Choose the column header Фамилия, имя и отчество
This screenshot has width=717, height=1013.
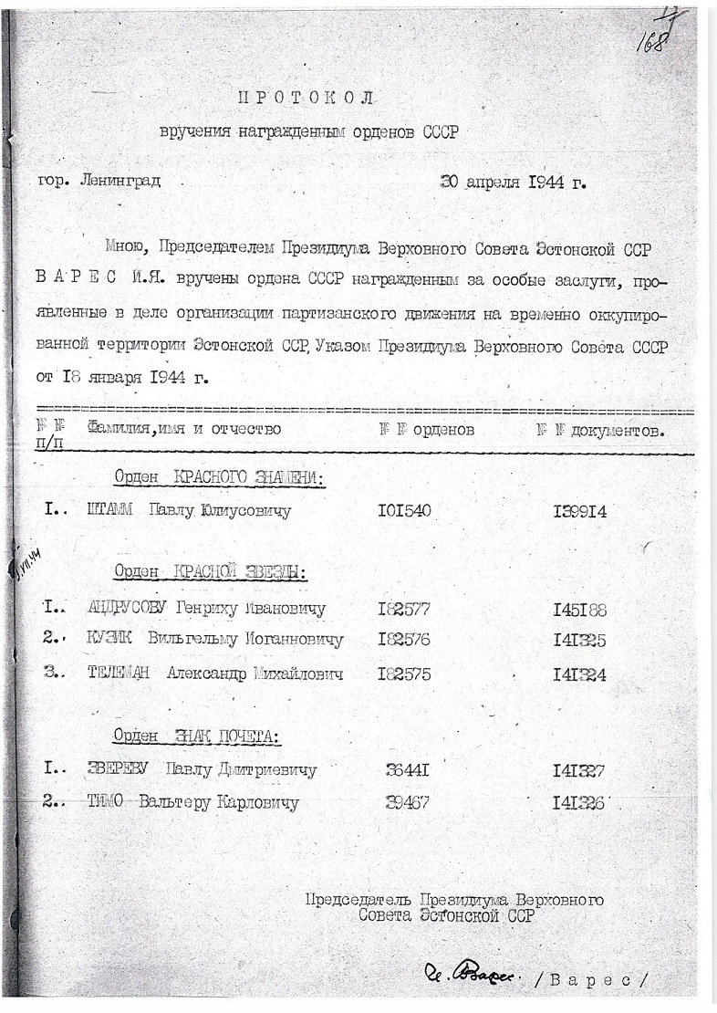184,429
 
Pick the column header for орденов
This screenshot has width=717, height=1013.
426,429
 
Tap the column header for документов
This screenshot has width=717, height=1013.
599,429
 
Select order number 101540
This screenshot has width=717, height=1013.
403,511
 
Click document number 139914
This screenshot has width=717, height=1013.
579,511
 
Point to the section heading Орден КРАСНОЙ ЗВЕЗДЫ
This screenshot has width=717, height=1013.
210,571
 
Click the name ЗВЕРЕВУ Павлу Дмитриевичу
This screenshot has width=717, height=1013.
201,769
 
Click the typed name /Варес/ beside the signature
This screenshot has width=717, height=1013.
597,979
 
